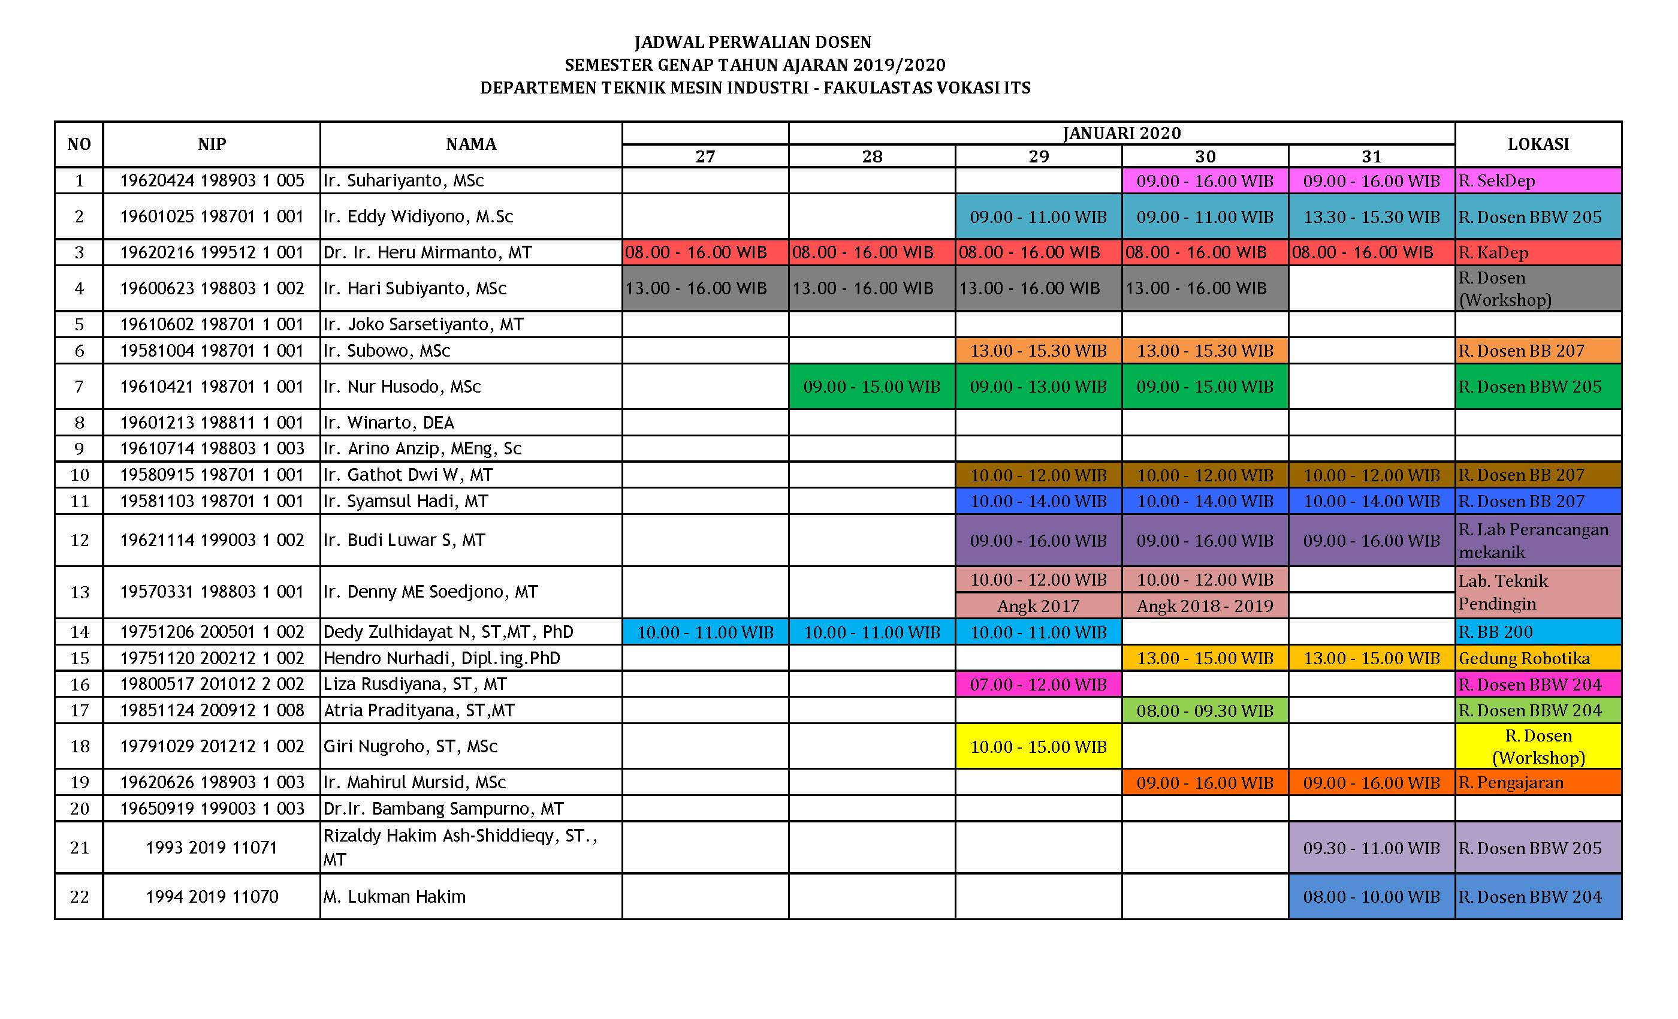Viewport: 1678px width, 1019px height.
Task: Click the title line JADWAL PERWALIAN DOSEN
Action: coord(753,42)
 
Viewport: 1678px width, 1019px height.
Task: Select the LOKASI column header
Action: coord(1538,144)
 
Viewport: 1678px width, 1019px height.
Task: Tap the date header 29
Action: coord(1038,156)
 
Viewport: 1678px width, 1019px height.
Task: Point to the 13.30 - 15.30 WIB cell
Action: coord(1371,216)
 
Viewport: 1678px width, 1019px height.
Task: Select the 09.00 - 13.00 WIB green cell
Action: coord(1038,387)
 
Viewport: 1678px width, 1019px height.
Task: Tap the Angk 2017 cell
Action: coord(1038,605)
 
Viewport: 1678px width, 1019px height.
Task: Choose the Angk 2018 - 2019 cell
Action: coord(1204,605)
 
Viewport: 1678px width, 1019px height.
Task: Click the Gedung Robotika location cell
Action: coord(1538,658)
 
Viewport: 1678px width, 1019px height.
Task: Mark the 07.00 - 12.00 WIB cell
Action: coord(1038,684)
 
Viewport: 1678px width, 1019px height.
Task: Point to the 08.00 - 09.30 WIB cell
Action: coord(1204,710)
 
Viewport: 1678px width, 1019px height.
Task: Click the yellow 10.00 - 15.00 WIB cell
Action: coord(1038,746)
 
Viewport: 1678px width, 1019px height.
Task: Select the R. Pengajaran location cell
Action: coord(1538,782)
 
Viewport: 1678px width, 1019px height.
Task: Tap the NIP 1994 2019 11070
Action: coord(212,896)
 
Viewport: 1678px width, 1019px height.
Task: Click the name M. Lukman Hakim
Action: coord(394,896)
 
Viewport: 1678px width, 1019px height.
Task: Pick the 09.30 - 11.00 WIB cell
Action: coord(1371,848)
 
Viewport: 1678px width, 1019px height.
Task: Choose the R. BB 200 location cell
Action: coord(1538,631)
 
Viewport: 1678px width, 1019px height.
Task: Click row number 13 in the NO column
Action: coord(80,592)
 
